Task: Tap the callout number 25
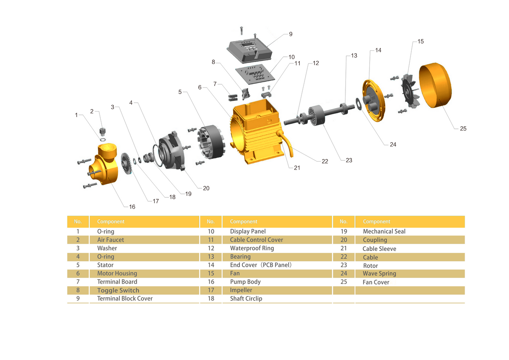point(463,129)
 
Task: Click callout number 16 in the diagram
point(132,207)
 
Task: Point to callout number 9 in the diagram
point(291,34)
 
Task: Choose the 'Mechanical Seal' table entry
point(384,231)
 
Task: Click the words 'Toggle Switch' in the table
point(118,290)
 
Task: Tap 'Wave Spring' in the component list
point(379,274)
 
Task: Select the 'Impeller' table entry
point(241,290)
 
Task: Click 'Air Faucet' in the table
point(111,240)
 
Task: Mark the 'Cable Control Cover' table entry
point(256,240)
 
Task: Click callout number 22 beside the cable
point(325,162)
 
